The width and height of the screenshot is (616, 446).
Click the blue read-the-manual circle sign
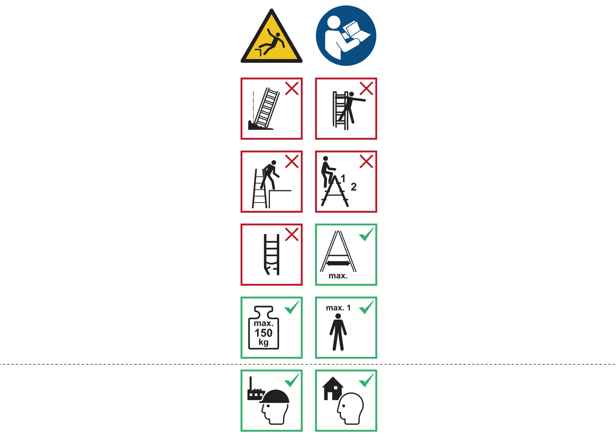pos(346,35)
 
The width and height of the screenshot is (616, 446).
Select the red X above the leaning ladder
pos(292,88)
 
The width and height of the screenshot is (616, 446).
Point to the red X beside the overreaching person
pos(366,88)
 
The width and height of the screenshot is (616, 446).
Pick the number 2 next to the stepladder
pos(354,187)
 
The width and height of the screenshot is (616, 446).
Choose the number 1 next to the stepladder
pos(343,179)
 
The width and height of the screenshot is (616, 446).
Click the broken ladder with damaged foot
pos(271,254)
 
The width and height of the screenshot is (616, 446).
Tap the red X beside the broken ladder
pos(292,234)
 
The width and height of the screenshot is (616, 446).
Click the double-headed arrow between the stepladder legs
pos(338,263)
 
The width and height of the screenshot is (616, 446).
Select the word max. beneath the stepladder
pos(338,276)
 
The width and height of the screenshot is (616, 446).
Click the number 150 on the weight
pos(264,333)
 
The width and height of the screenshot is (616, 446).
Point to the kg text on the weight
pos(264,342)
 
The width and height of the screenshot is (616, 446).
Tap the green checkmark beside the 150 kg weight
pos(292,307)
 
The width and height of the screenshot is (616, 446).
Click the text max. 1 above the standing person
pos(338,308)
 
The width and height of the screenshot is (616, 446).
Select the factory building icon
pos(255,389)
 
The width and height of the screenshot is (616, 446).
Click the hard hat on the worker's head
pos(274,396)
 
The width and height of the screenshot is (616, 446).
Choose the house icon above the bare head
pos(333,388)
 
